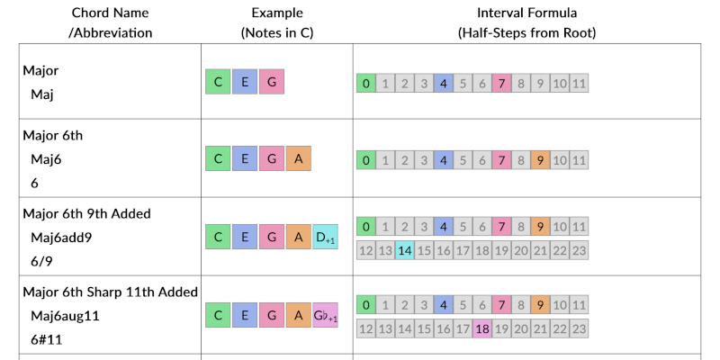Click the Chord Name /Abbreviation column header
coord(110,22)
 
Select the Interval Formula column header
coord(526,22)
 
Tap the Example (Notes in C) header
coord(276,22)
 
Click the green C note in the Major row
coord(218,83)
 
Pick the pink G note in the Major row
coord(272,83)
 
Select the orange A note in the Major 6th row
coord(299,160)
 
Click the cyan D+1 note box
coord(325,238)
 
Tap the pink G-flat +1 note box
coord(325,315)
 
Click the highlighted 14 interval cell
coord(405,249)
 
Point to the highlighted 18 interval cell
coord(482,328)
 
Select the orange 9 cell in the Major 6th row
coord(541,160)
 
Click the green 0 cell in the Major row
coord(366,84)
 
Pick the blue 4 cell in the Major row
coord(443,84)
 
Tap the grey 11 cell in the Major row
coord(580,84)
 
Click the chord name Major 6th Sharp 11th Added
coord(110,292)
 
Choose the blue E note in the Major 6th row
coord(245,160)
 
